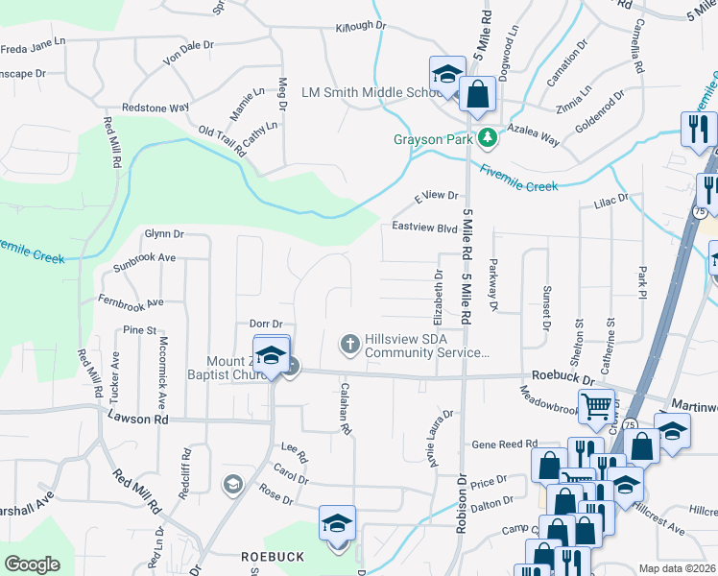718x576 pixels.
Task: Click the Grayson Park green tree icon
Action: [x=489, y=137]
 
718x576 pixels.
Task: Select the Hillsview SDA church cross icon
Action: [x=350, y=343]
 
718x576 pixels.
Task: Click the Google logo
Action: [x=32, y=564]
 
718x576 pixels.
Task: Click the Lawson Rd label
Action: [x=138, y=419]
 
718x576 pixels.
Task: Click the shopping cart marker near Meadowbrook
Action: [x=597, y=407]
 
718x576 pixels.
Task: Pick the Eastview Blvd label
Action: [x=424, y=228]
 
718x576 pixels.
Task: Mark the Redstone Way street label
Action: [x=155, y=108]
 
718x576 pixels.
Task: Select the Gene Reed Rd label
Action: [x=504, y=444]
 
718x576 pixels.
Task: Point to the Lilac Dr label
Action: [x=610, y=199]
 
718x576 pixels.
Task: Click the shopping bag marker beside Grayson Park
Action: [x=477, y=94]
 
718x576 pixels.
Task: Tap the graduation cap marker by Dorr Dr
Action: [x=271, y=354]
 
